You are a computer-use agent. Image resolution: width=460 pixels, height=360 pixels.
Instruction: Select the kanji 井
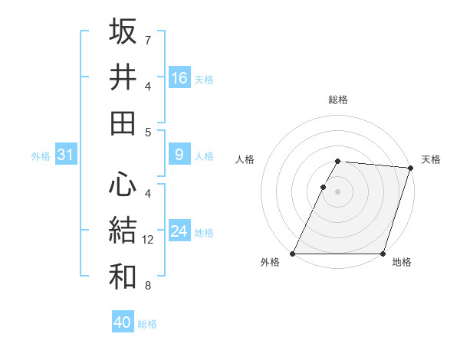click(x=123, y=77)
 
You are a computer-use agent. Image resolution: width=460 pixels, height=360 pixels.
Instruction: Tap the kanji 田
click(x=123, y=123)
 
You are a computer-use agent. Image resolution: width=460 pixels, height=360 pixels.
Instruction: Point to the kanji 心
click(x=123, y=184)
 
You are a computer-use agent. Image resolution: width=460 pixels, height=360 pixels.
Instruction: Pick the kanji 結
click(x=123, y=231)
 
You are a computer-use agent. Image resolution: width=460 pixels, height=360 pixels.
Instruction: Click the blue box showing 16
click(x=179, y=78)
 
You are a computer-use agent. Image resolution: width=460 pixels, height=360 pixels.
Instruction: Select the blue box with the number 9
click(x=179, y=155)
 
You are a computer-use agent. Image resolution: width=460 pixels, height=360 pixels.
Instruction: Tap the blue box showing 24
click(x=179, y=232)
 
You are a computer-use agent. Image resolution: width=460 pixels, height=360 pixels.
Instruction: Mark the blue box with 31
click(x=65, y=155)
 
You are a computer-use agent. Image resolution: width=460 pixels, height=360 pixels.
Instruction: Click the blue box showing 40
click(x=123, y=322)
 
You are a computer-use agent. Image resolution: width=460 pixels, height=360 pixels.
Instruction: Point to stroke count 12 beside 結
click(x=149, y=240)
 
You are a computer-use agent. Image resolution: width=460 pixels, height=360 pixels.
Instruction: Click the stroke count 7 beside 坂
click(x=148, y=39)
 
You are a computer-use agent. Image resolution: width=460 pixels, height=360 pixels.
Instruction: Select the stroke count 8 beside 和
click(x=148, y=286)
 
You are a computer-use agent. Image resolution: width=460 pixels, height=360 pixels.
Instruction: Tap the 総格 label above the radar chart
click(x=338, y=100)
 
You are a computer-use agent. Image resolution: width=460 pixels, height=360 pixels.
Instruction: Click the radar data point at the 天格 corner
click(x=411, y=169)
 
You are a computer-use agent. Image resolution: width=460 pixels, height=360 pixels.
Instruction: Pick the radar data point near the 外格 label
click(x=293, y=254)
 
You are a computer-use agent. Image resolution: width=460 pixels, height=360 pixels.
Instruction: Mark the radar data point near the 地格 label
click(x=383, y=254)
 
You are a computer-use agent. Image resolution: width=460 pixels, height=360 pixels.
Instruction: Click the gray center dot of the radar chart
click(x=338, y=191)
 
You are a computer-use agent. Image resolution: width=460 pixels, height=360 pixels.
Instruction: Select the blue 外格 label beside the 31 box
click(x=41, y=156)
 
